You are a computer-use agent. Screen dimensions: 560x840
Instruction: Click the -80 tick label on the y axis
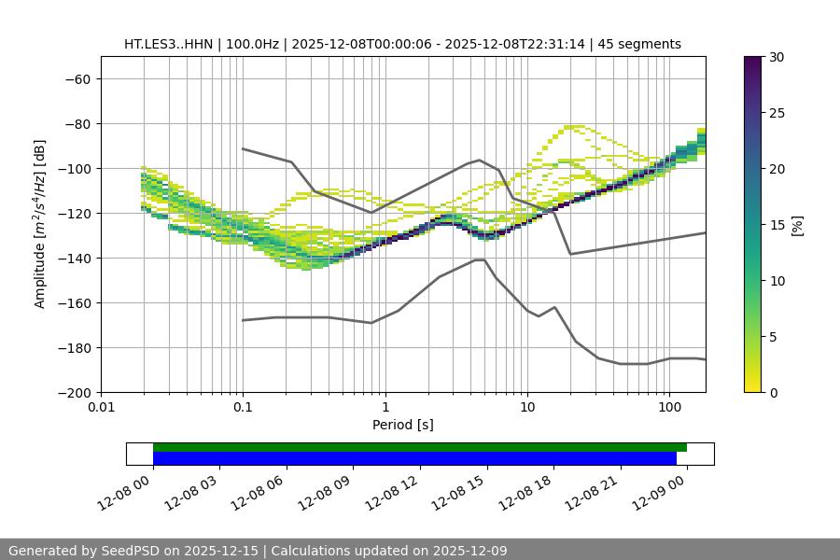click(x=77, y=123)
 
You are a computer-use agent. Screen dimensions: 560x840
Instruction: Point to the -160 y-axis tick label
click(x=73, y=302)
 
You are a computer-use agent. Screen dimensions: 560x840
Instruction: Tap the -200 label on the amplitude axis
click(x=73, y=392)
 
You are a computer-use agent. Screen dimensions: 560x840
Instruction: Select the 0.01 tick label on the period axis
click(x=101, y=408)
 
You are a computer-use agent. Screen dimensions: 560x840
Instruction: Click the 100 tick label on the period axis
click(x=669, y=408)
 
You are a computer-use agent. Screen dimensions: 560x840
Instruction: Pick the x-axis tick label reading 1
click(x=385, y=408)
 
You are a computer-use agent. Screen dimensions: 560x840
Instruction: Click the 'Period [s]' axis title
click(x=402, y=425)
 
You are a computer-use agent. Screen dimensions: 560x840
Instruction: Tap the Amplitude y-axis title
click(x=40, y=224)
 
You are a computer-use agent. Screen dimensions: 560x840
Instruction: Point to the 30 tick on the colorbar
click(x=777, y=57)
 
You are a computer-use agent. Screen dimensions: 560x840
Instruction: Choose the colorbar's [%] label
click(x=797, y=225)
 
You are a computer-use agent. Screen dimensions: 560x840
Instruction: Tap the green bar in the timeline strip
click(x=420, y=447)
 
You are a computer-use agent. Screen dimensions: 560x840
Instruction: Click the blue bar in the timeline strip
click(x=414, y=458)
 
